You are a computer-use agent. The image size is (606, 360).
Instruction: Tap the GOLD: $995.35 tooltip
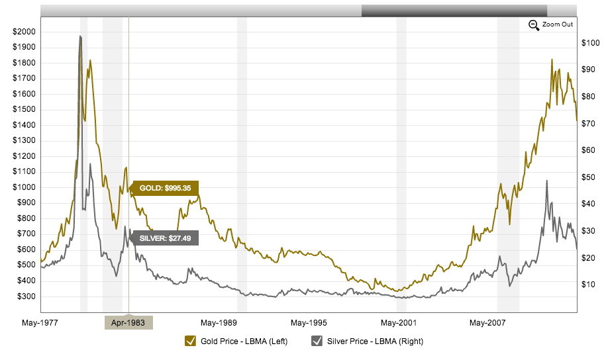(x=165, y=188)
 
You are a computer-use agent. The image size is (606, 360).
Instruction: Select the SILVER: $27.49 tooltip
(x=165, y=238)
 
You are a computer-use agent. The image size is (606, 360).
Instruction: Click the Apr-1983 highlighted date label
(x=128, y=323)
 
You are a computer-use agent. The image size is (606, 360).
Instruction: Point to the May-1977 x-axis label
(x=40, y=323)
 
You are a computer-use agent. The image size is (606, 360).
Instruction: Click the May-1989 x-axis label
(x=219, y=323)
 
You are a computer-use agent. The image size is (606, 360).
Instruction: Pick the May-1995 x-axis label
(x=308, y=323)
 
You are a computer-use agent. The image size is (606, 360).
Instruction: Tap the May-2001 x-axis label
(x=398, y=323)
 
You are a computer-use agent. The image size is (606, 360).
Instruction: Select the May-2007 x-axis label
(x=487, y=323)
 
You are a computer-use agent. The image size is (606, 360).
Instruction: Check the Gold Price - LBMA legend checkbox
(x=191, y=341)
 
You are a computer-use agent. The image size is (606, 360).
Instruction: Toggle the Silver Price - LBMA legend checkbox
(x=317, y=341)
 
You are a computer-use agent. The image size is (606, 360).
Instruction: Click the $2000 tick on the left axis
(x=25, y=32)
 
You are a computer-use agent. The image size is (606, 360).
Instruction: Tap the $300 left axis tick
(x=25, y=296)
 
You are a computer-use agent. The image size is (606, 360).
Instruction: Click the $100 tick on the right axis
(x=590, y=43)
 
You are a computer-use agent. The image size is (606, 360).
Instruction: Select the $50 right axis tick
(x=589, y=177)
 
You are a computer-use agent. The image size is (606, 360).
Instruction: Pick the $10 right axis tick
(x=589, y=285)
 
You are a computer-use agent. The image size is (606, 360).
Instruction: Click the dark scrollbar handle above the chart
(x=454, y=11)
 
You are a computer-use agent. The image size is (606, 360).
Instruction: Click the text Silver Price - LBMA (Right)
(x=375, y=341)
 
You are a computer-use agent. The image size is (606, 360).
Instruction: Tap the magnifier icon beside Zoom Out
(x=534, y=25)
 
